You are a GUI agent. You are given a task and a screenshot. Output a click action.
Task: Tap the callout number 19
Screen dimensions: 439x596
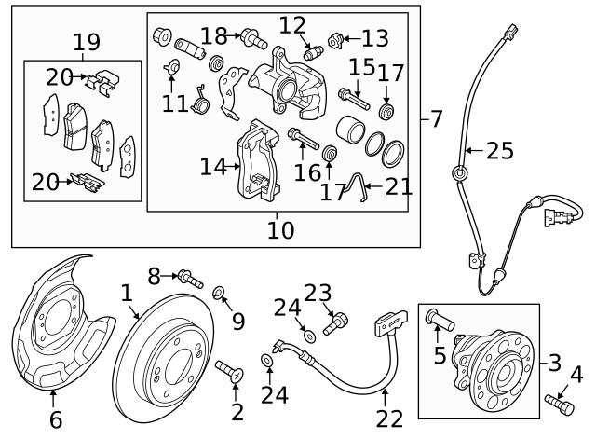point(87,42)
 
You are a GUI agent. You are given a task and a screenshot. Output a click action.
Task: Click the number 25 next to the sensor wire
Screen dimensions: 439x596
point(499,151)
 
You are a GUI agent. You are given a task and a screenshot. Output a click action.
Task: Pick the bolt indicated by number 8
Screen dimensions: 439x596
point(190,277)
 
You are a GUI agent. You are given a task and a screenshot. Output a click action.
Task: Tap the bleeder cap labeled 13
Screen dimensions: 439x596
point(338,40)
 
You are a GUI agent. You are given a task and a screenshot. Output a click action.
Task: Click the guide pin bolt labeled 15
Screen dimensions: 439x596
point(351,95)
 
